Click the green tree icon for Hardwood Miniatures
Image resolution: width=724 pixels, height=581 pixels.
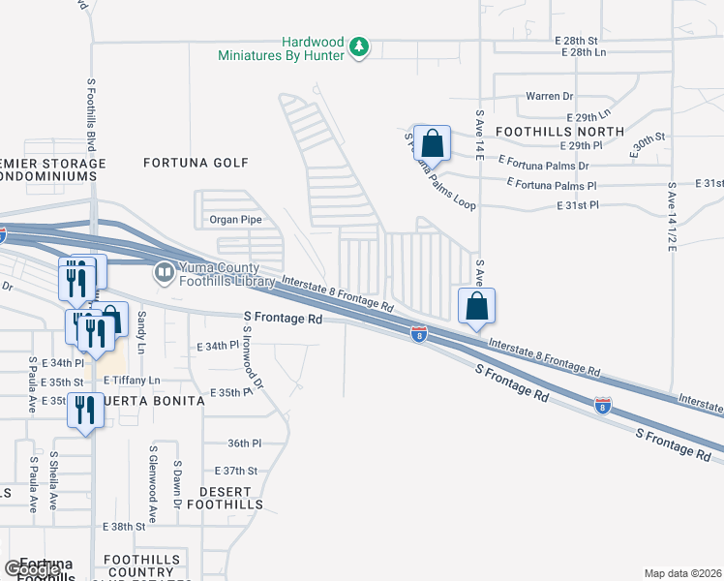pos(359,46)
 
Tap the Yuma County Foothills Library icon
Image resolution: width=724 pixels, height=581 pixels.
pos(164,274)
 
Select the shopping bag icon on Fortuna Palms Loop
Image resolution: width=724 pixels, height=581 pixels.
pos(432,142)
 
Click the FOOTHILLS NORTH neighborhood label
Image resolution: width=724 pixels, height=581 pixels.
pos(545,130)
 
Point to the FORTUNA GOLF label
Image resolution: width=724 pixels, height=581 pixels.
pos(196,163)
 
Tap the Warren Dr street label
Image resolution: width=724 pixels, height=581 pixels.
pos(549,97)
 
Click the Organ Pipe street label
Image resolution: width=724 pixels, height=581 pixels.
pos(236,220)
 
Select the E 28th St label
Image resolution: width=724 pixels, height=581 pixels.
pos(577,40)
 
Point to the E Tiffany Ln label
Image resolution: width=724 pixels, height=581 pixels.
pos(132,381)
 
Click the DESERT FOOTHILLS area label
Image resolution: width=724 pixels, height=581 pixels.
pos(225,498)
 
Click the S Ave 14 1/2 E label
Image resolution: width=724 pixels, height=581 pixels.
pos(670,215)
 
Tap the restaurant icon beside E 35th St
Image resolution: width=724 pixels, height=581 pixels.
pos(86,411)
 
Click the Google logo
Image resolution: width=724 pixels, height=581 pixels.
pos(32,568)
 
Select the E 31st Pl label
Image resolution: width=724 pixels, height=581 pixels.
pos(578,205)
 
